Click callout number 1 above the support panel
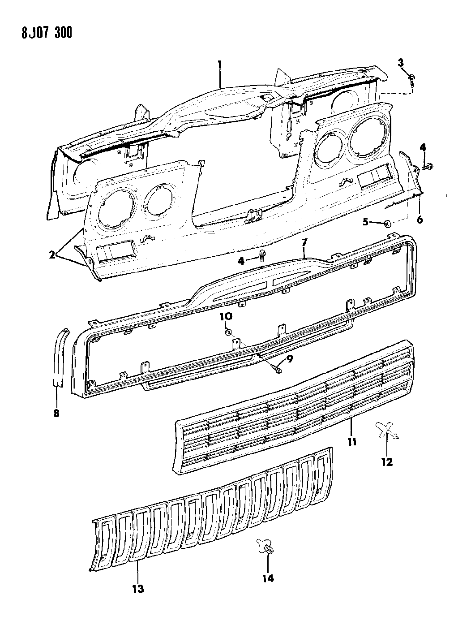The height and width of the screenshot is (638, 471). point(220,65)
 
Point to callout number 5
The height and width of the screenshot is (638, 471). point(365,221)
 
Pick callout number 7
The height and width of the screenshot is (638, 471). point(304,243)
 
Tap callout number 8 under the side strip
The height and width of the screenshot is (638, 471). point(56,413)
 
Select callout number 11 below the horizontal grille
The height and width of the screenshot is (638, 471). point(351,442)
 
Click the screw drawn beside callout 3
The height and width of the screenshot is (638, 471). point(411,80)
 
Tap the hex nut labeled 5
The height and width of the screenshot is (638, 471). point(388,223)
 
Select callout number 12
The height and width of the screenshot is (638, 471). point(386,462)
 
